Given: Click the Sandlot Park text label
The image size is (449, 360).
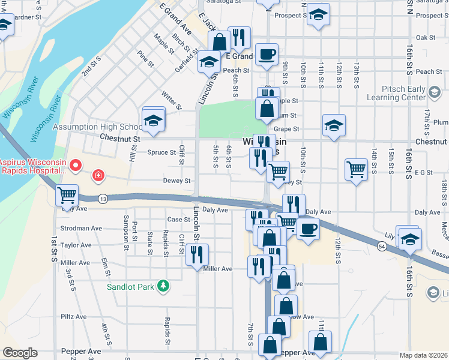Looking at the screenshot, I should (x=130, y=287).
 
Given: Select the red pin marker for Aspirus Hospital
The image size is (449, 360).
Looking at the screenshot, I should (x=76, y=164).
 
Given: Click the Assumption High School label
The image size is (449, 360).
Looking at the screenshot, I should (x=97, y=127).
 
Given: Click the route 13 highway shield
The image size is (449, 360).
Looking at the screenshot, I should (x=104, y=199).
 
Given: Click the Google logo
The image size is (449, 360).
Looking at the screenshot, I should (x=19, y=353).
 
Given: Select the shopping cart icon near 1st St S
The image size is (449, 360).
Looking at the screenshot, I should (x=67, y=194).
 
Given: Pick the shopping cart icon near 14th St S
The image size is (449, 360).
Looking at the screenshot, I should (x=356, y=169).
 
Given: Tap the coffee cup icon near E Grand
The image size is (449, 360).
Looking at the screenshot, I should (x=267, y=54).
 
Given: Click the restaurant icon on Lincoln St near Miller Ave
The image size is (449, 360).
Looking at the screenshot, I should (x=197, y=254).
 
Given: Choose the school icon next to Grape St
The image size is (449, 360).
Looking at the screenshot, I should (x=334, y=125).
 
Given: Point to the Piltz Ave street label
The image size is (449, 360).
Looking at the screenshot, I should (x=74, y=317).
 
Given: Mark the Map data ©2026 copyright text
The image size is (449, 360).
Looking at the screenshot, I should (x=423, y=355).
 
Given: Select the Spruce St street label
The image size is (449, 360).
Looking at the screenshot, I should (x=161, y=152).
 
